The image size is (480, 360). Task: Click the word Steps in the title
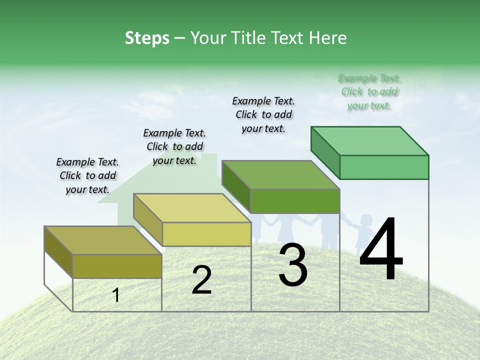click(147, 38)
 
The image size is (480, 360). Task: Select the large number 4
click(381, 249)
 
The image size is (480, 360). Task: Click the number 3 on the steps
click(293, 265)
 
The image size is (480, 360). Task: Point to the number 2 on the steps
click(201, 280)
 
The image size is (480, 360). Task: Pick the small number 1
click(116, 295)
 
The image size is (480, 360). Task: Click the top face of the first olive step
click(103, 240)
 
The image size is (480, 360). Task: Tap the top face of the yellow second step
click(192, 208)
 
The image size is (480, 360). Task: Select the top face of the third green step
click(280, 175)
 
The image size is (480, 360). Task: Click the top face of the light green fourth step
click(369, 141)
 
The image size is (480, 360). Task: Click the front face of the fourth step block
click(384, 167)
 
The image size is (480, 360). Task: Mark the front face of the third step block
click(295, 201)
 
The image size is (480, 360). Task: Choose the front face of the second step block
click(206, 234)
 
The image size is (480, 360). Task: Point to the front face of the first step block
click(117, 266)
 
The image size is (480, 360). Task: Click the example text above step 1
click(87, 175)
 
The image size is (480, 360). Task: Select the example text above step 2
click(174, 146)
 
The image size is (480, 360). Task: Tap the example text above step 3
click(263, 114)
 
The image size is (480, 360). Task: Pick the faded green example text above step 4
click(369, 91)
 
